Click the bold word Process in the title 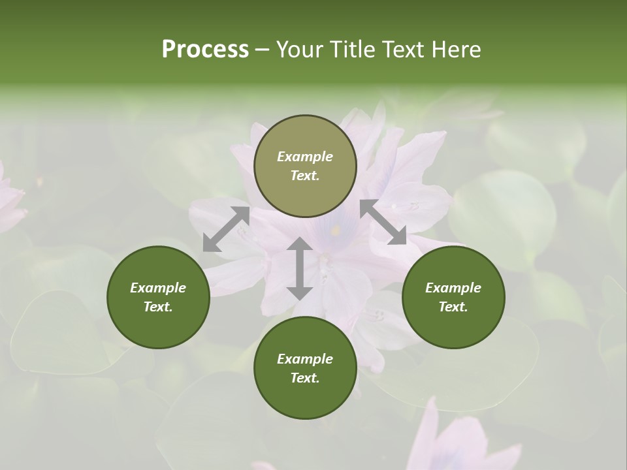(x=205, y=50)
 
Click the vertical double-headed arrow (x=300, y=268)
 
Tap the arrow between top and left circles (x=226, y=229)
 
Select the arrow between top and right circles (x=383, y=222)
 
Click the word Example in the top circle (x=305, y=157)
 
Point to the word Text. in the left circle (x=158, y=307)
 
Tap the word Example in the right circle (x=453, y=288)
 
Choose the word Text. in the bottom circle (x=305, y=378)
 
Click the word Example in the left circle (x=158, y=288)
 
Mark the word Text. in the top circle (x=305, y=176)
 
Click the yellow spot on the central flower (x=336, y=230)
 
